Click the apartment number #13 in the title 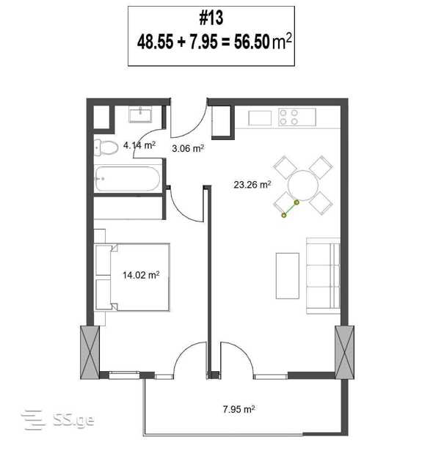pyautogui.click(x=211, y=18)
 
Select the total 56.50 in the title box pyautogui.click(x=252, y=42)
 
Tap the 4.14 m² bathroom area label pyautogui.click(x=139, y=145)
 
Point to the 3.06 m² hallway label pyautogui.click(x=188, y=148)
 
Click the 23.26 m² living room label pyautogui.click(x=252, y=184)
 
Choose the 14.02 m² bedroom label pyautogui.click(x=141, y=275)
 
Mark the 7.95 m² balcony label pyautogui.click(x=239, y=409)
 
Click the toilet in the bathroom pyautogui.click(x=106, y=147)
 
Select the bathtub pyautogui.click(x=127, y=179)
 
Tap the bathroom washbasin pyautogui.click(x=140, y=114)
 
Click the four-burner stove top pyautogui.click(x=296, y=117)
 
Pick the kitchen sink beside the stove pyautogui.click(x=260, y=118)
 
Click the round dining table pyautogui.click(x=303, y=186)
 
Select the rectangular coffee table pyautogui.click(x=288, y=276)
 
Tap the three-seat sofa pyautogui.click(x=323, y=276)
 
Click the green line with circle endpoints pyautogui.click(x=291, y=209)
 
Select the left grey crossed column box pyautogui.click(x=90, y=352)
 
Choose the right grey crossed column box pyautogui.click(x=344, y=352)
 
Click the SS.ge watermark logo pyautogui.click(x=58, y=420)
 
